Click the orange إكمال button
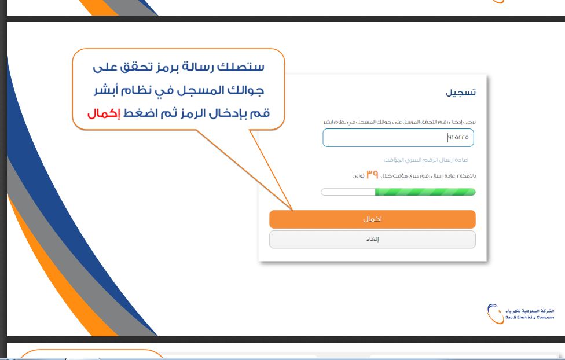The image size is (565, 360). pyautogui.click(x=372, y=219)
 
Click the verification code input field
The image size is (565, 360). pyautogui.click(x=398, y=138)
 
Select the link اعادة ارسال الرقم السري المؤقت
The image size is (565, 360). pyautogui.click(x=425, y=160)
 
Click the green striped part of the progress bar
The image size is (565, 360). pyautogui.click(x=425, y=192)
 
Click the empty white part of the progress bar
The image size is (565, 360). pyautogui.click(x=348, y=192)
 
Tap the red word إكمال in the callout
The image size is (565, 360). pyautogui.click(x=103, y=114)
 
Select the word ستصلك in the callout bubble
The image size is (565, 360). pyautogui.click(x=244, y=67)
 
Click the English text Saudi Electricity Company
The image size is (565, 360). pyautogui.click(x=530, y=317)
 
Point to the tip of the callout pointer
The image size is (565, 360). pyautogui.click(x=292, y=210)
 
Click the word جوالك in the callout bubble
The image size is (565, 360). pyautogui.click(x=243, y=91)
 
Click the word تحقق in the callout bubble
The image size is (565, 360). pyautogui.click(x=139, y=67)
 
